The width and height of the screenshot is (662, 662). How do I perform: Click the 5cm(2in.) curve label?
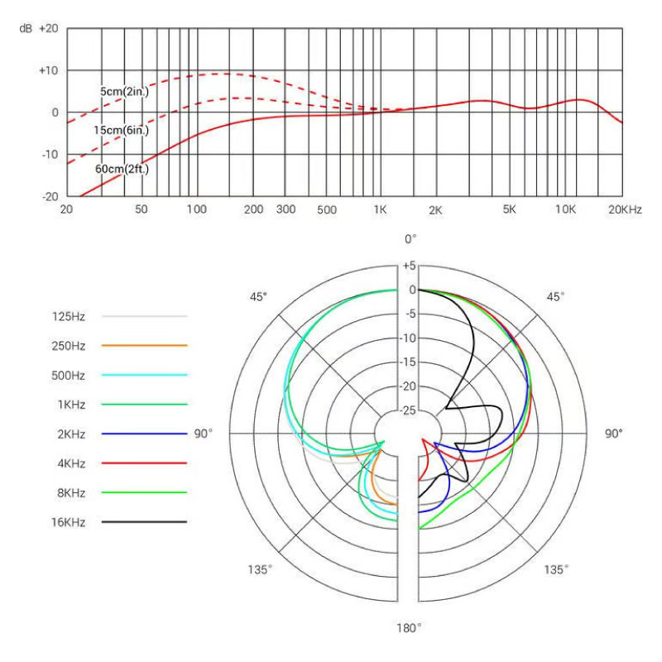124,91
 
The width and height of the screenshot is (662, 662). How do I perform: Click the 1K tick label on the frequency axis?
380,210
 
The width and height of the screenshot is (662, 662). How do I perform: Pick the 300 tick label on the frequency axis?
285,210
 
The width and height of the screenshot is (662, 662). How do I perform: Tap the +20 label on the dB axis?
48,28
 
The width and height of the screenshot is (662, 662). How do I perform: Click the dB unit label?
26,28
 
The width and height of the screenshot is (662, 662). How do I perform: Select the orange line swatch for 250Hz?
144,345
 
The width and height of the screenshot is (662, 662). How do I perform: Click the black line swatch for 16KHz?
144,522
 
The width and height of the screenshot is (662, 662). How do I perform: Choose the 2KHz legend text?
69,434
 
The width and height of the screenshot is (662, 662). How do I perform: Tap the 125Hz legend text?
69,316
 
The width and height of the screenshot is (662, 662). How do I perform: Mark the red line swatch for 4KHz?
144,463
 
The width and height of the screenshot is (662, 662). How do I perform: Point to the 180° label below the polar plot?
408,628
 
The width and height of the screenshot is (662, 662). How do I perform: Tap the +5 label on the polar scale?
408,266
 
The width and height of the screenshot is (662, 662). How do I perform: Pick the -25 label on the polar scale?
408,410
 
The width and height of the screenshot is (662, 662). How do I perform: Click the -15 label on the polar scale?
408,362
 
